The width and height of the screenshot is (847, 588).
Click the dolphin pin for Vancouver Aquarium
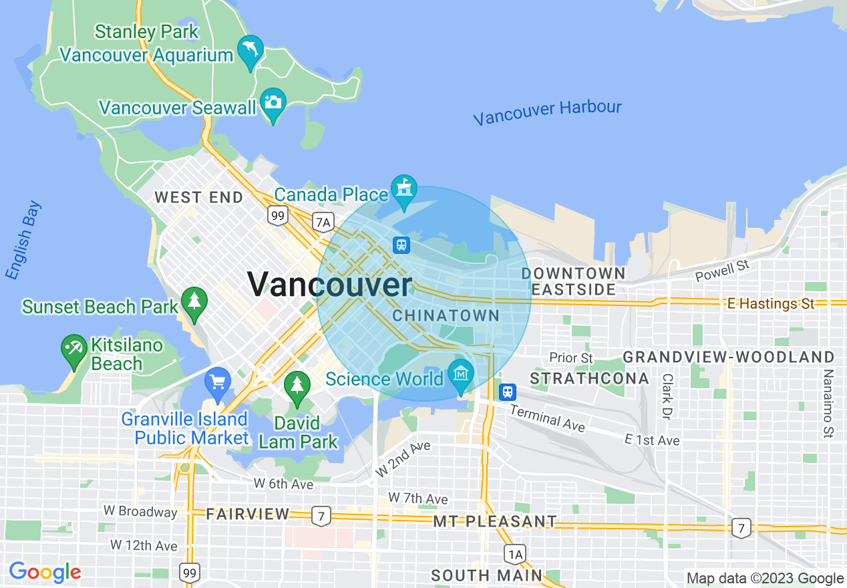(x=250, y=50)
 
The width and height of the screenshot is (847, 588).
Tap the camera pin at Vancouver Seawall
(x=273, y=103)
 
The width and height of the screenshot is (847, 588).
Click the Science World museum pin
(x=461, y=374)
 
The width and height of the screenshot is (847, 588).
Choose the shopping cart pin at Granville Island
(x=217, y=383)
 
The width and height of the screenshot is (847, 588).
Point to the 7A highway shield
(x=324, y=221)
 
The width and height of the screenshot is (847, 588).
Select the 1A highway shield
(x=514, y=553)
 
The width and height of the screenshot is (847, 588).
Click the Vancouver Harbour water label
(x=547, y=112)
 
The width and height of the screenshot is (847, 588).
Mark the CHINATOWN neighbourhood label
(x=446, y=315)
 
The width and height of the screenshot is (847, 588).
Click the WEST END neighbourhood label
(x=199, y=197)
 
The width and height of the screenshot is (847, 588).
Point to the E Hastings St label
(x=771, y=304)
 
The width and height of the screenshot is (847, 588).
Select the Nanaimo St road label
(x=828, y=403)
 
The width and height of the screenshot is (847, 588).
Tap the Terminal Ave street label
(x=548, y=418)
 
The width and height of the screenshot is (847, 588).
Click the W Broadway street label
(x=140, y=512)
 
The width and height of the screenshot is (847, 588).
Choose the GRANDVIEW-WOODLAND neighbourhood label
(x=728, y=357)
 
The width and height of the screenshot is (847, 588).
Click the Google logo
(x=45, y=572)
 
